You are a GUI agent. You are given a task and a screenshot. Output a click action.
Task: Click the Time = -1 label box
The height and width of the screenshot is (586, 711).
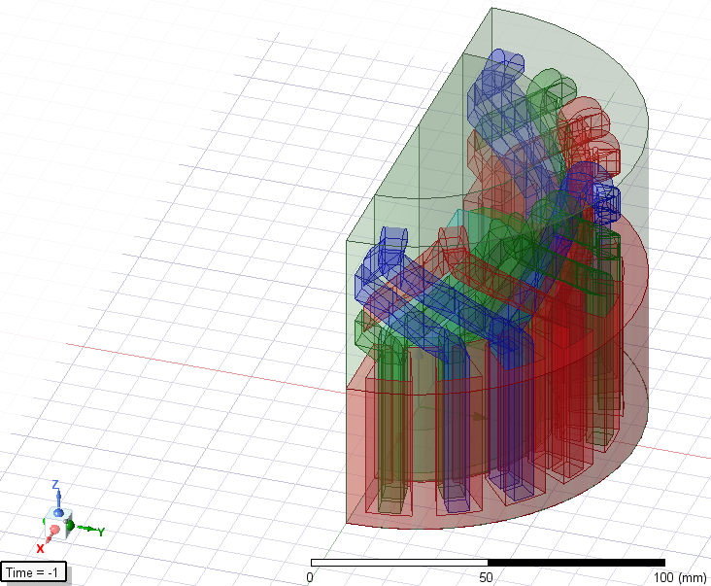(34, 572)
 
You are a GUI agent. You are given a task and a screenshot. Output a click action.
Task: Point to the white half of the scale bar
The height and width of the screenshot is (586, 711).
(398, 562)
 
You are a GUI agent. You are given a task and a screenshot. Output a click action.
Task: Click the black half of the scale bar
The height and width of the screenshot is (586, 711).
(575, 562)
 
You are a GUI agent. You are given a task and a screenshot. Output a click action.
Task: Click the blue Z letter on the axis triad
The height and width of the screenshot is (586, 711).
(56, 484)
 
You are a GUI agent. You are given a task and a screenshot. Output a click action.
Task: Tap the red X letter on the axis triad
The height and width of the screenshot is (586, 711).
(40, 548)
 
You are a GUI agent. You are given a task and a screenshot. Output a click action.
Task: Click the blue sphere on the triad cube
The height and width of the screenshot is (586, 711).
(58, 510)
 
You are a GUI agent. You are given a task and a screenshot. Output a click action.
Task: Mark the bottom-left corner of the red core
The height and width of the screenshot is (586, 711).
(347, 522)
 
